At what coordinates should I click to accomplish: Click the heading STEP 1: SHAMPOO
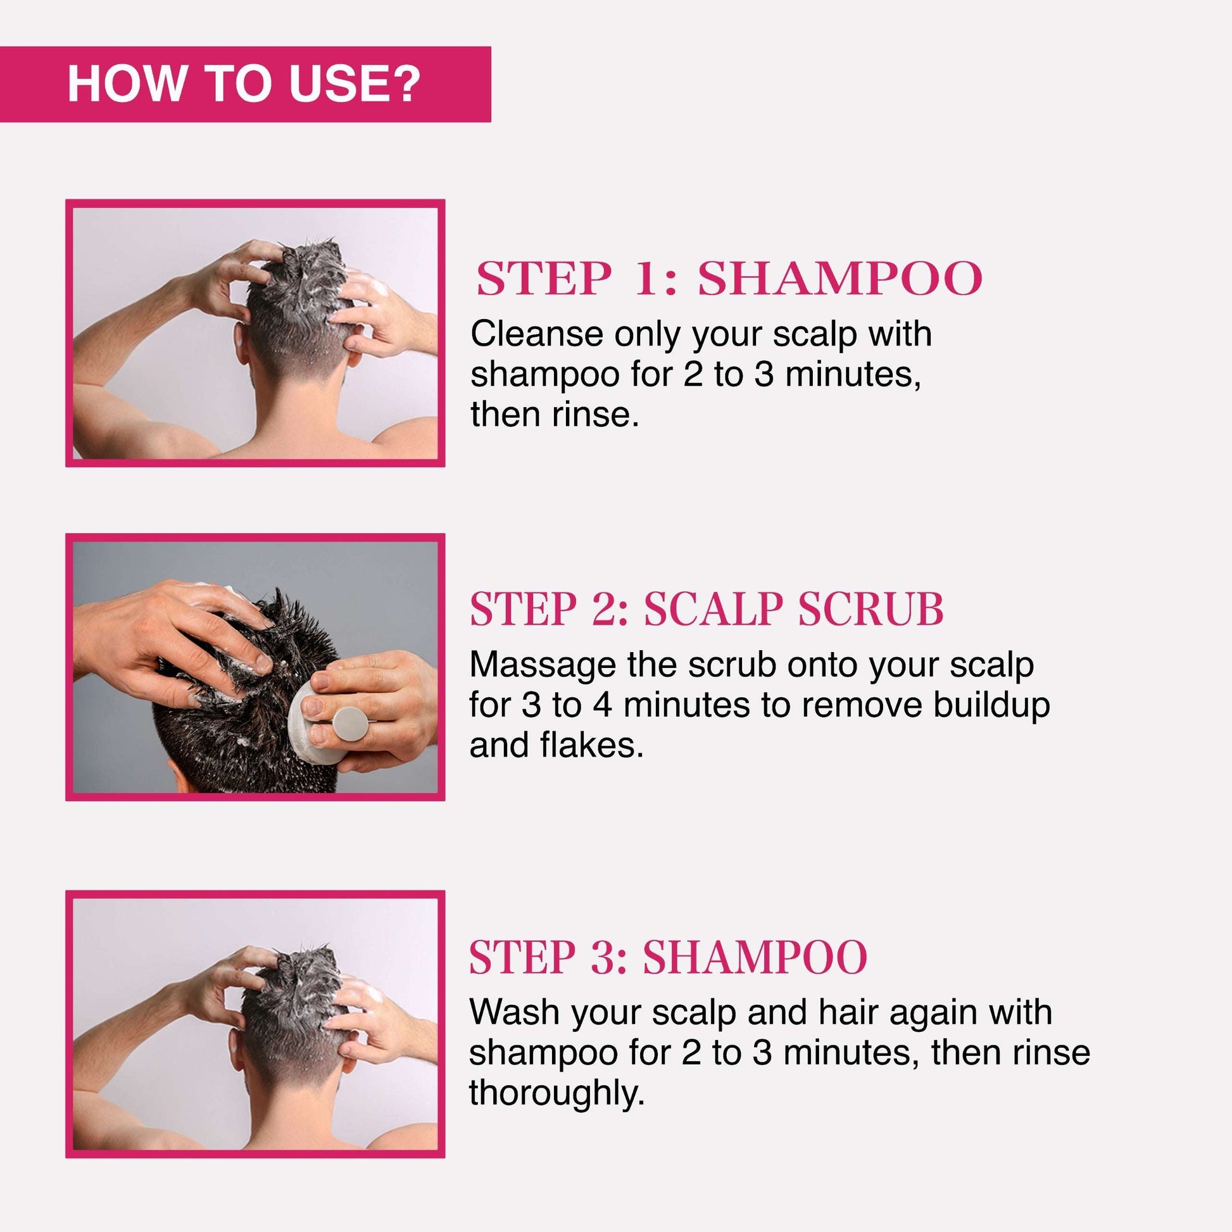pyautogui.click(x=729, y=279)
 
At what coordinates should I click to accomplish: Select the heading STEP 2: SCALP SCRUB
pyautogui.click(x=706, y=610)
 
